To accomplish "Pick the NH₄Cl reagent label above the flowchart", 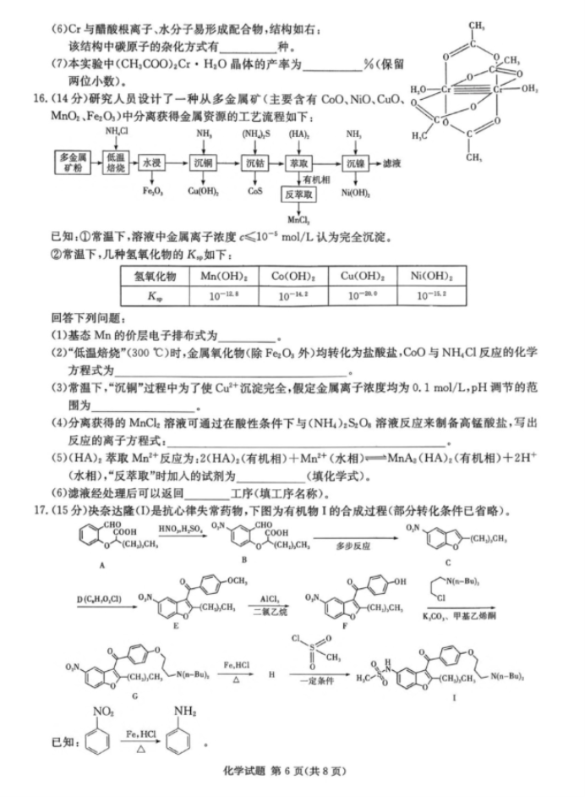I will point(117,132).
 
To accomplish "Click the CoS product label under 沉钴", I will point(254,191).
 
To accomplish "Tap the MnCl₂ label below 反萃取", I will point(297,220).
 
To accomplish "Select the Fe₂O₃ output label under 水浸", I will point(152,191).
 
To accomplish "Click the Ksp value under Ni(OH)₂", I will point(434,295).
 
